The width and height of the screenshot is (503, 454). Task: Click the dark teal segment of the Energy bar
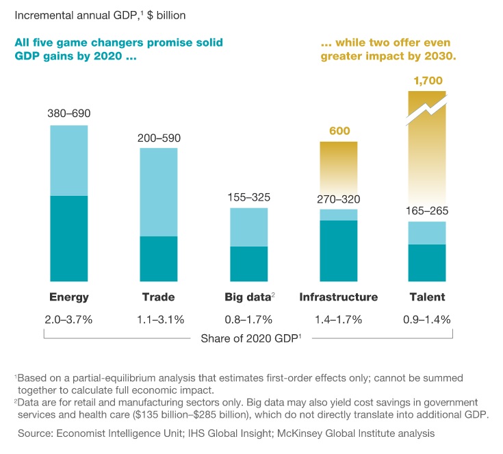(x=68, y=238)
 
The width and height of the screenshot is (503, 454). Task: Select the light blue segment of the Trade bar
(x=159, y=192)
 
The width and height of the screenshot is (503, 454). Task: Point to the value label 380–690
(x=68, y=114)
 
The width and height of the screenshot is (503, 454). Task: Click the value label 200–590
(x=159, y=138)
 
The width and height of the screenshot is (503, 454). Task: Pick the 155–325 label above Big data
(x=248, y=197)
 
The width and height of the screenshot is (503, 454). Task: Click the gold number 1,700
(x=428, y=81)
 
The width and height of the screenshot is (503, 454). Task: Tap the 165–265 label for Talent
(x=428, y=211)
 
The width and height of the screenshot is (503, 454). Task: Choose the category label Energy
(x=68, y=297)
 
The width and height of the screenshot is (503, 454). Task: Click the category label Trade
(x=158, y=297)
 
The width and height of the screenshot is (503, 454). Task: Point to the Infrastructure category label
(x=338, y=297)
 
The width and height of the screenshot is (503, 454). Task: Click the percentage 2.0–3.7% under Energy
(x=68, y=320)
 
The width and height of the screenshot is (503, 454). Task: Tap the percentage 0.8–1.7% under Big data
(x=248, y=320)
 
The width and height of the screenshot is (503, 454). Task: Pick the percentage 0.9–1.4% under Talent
(x=428, y=320)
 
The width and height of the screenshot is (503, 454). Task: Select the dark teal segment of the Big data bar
(x=248, y=264)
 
